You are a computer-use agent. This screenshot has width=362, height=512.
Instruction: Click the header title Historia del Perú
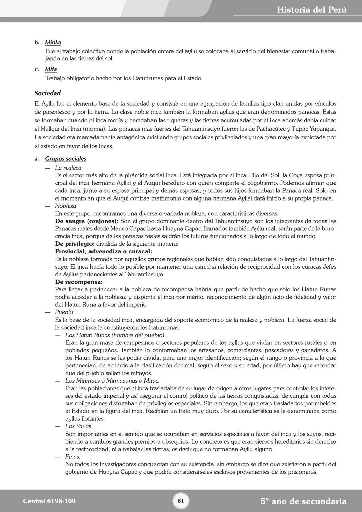[311, 10]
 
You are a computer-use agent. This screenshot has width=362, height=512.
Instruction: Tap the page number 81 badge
[181, 501]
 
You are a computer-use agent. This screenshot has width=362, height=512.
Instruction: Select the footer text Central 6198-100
[49, 501]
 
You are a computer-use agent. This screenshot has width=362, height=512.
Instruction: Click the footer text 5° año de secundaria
[303, 501]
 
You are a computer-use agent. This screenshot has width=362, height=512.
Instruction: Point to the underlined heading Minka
[53, 43]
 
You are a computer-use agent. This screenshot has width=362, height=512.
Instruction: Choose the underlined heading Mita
[51, 69]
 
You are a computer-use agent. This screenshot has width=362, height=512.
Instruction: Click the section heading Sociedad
[48, 93]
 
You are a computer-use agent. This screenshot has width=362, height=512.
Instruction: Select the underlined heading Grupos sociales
[66, 159]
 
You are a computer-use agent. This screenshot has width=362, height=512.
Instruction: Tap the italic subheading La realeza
[68, 168]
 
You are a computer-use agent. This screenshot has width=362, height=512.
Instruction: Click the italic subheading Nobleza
[65, 206]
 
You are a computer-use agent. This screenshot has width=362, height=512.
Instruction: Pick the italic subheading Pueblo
[64, 312]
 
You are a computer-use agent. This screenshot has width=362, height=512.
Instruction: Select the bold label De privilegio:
[75, 244]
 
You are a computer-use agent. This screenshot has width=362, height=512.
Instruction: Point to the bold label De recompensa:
[79, 282]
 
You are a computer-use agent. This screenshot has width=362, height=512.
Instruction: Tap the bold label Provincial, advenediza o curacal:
[104, 251]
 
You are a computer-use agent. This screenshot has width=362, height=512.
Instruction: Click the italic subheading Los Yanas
[78, 426]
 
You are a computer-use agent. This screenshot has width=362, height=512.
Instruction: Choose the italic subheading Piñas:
[73, 457]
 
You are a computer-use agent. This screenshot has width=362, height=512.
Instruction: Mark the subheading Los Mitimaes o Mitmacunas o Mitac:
[112, 381]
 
